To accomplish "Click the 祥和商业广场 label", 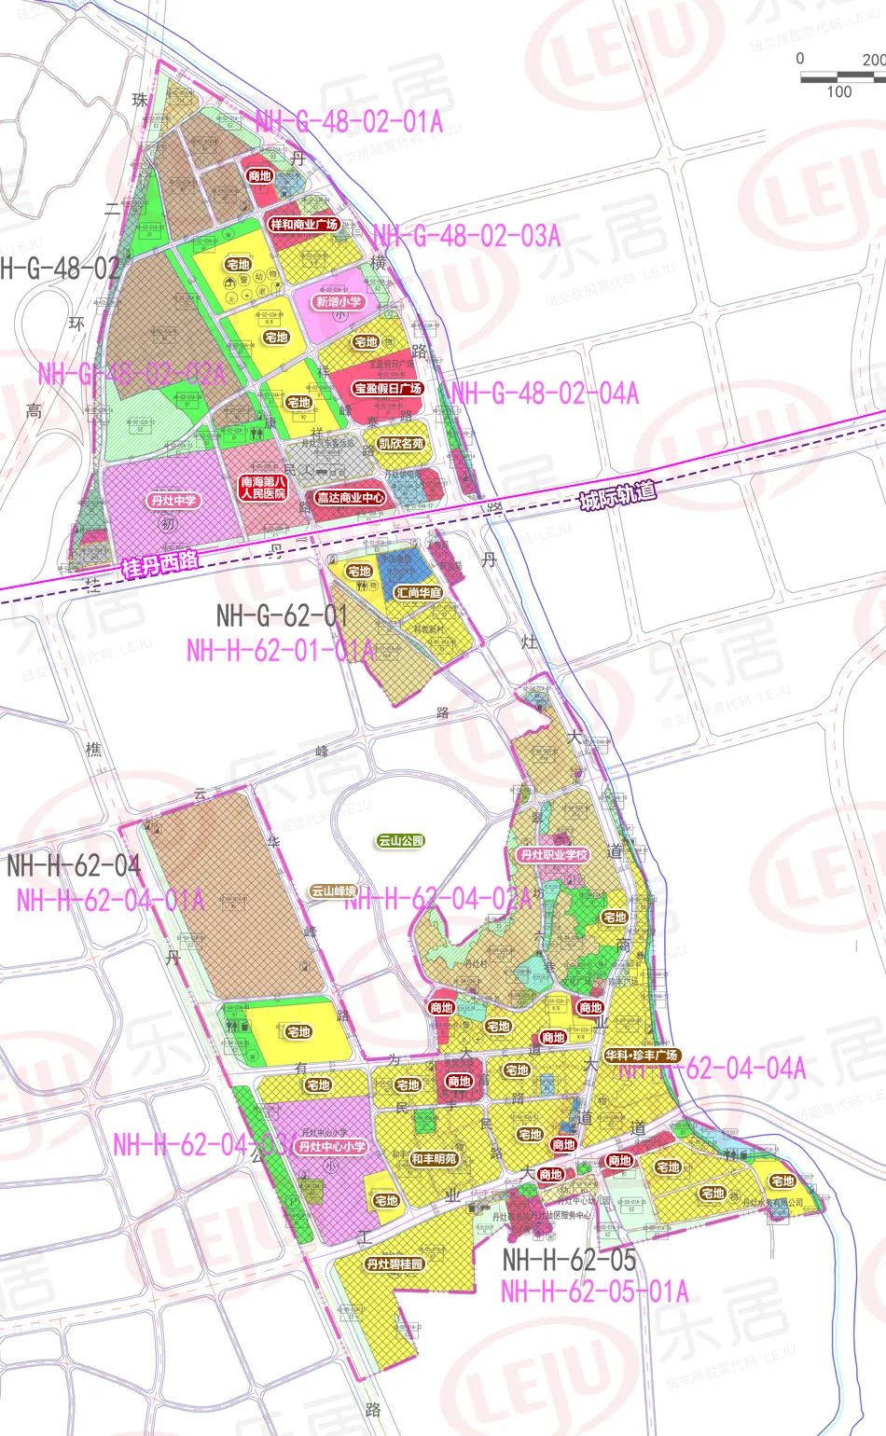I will coord(303,225).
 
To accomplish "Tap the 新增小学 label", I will coord(338,302).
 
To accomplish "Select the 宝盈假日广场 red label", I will coord(388,388).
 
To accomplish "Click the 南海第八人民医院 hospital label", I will coord(263,488).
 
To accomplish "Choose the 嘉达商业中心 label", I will coord(350,498).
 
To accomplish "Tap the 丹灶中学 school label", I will coord(173,501).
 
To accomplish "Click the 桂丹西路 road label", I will coord(160,563).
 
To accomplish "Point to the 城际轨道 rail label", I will coord(617,495).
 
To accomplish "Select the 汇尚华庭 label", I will coord(419,592).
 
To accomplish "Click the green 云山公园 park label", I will coord(401,841).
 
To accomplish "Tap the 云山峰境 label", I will coord(334,891).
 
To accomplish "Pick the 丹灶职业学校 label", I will coord(554,854).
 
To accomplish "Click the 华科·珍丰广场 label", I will coord(642,1056).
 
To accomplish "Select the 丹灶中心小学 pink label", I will coord(332,1147).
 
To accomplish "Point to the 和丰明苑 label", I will coord(434,1159).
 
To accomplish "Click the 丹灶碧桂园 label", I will coord(395,1264).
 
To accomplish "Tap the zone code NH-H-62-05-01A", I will coord(594,1291).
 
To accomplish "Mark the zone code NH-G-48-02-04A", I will coord(545,393).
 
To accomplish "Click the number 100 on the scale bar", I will coord(838,91).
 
